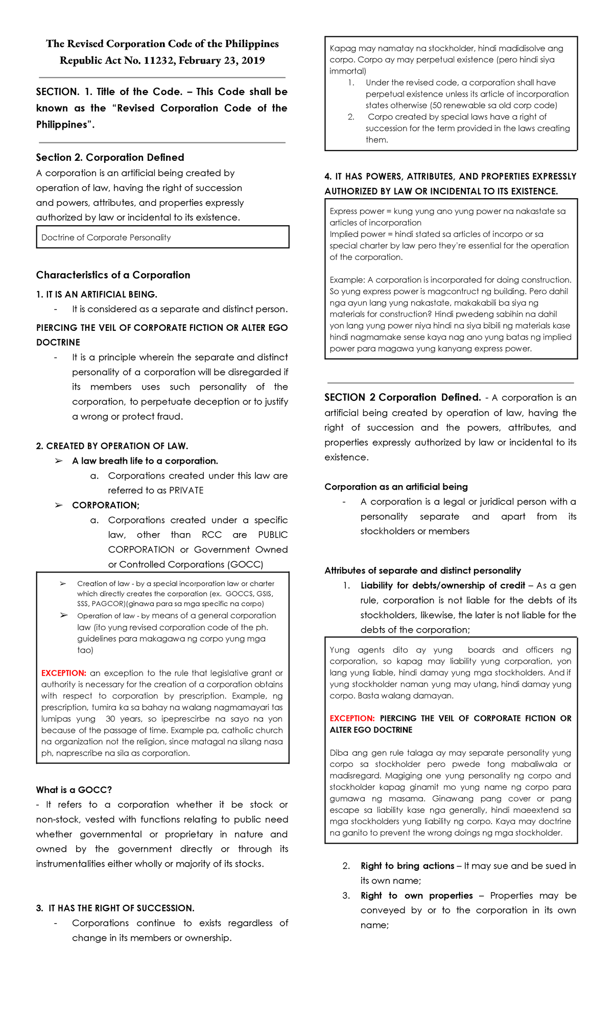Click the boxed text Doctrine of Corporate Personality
coord(106,237)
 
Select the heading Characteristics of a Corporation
coord(113,275)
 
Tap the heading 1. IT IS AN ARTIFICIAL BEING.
coord(97,295)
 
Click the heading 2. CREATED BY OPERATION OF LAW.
coord(112,446)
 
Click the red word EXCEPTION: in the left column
coord(63,674)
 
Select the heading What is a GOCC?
coord(74,790)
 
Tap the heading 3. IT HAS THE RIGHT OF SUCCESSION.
coord(115,908)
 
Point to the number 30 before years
coord(110,719)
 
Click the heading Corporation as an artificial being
coord(396,487)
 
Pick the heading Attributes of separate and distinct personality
coord(422,571)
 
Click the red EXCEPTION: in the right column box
coord(352,718)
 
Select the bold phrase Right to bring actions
coord(407,866)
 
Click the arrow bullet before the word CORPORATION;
coord(59,506)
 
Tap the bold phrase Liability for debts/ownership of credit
coord(442,586)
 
